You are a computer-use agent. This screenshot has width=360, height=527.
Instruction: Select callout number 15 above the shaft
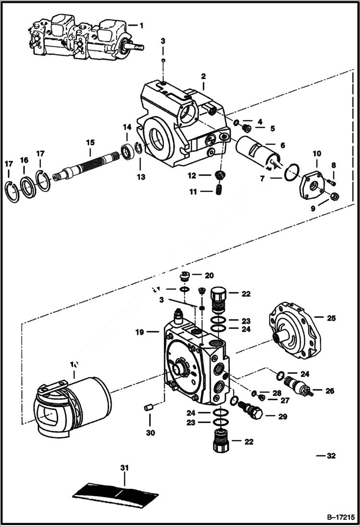coord(90,142)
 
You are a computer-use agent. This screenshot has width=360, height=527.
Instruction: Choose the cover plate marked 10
coord(312,182)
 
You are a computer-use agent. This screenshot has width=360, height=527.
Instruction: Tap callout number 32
coord(331,455)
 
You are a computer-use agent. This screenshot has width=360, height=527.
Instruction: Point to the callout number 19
coord(140,331)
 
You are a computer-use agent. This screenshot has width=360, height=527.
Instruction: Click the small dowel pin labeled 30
coord(149,408)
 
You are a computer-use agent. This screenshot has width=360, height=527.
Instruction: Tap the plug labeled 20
coord(184,277)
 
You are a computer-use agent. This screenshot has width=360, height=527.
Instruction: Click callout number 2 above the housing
coord(203,76)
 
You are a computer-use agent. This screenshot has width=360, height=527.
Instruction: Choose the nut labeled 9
coord(335,196)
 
